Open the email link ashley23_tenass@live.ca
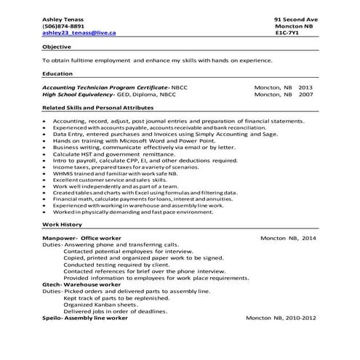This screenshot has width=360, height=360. [80, 33]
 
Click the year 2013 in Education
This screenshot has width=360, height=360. [305, 87]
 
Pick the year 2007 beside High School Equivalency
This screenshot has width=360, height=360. [305, 95]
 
